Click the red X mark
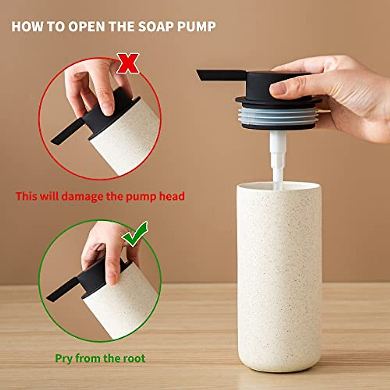click(x=128, y=64)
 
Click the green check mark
click(x=135, y=235)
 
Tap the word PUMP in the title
click(x=196, y=27)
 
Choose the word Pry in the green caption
click(x=64, y=358)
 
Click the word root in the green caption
click(x=134, y=358)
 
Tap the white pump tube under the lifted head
click(x=279, y=159)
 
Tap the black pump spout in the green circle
click(x=62, y=289)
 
